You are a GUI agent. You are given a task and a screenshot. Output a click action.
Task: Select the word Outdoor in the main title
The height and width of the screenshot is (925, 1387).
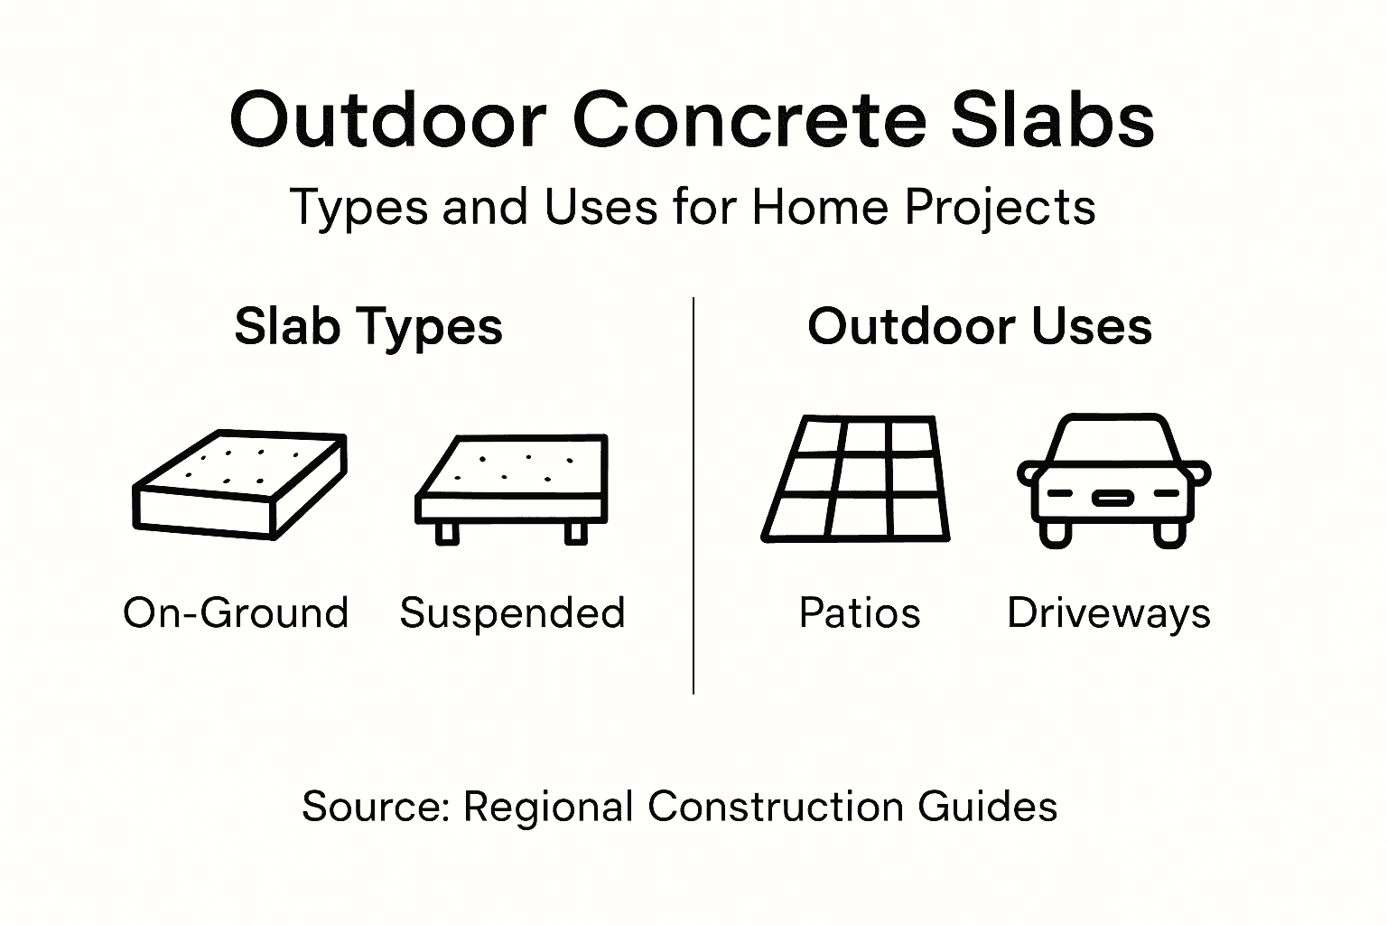tap(388, 120)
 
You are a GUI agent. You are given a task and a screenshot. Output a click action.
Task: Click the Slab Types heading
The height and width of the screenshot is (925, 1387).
tap(368, 326)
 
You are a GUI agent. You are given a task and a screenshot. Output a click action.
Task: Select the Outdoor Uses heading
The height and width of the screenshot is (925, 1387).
tap(980, 326)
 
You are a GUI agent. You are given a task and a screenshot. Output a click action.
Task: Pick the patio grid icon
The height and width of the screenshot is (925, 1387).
tap(856, 479)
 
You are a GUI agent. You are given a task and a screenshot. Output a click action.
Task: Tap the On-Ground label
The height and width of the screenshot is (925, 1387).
tap(236, 613)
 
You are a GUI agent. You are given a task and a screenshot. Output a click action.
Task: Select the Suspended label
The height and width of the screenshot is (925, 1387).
tap(512, 613)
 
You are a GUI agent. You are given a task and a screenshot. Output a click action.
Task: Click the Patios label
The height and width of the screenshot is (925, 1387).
tap(860, 613)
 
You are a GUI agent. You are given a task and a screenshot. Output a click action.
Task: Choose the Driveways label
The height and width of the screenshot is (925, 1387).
tap(1109, 613)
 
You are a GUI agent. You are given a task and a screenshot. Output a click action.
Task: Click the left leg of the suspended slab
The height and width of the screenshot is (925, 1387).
tap(446, 533)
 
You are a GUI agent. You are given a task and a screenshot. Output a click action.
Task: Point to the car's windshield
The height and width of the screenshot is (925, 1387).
tap(1113, 442)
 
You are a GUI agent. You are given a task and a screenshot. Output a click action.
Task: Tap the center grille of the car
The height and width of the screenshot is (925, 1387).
tap(1112, 497)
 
